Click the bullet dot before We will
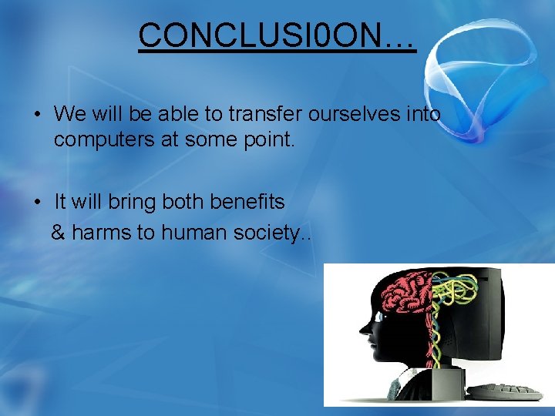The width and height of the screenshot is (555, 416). point(37,116)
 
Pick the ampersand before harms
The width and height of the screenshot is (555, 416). point(58,232)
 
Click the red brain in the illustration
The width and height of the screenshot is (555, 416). point(404,297)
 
